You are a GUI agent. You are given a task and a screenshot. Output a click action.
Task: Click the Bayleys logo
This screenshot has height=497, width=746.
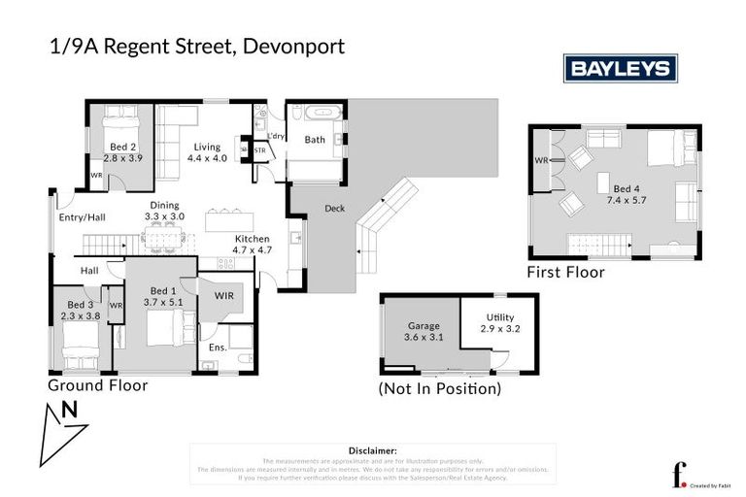click(621, 68)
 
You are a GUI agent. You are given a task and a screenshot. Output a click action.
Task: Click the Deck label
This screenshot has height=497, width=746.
click(335, 208)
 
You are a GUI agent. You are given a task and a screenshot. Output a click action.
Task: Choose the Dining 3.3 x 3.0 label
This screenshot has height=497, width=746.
click(162, 211)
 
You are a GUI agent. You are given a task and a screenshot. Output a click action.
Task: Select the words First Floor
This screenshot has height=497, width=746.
click(565, 273)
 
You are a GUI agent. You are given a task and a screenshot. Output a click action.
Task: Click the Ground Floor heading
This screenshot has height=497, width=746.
click(98, 385)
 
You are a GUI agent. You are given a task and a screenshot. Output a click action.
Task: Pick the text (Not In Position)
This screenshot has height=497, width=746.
click(440, 389)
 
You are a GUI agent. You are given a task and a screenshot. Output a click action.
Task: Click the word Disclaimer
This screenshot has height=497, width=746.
click(372, 450)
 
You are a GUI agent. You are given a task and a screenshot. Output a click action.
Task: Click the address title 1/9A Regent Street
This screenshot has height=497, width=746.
click(144, 46)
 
